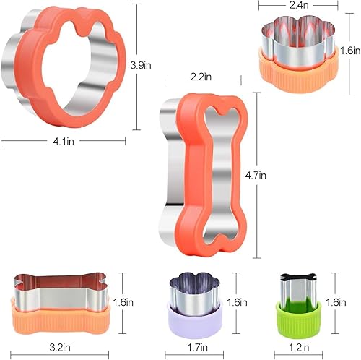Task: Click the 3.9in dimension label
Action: [141, 65]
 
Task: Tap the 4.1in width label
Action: [64, 142]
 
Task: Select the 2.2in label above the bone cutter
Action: [201, 77]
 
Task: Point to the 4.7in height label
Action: [256, 176]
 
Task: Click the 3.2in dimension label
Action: [60, 348]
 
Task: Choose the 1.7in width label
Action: [197, 348]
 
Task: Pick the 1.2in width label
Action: [299, 348]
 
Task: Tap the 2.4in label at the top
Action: [299, 5]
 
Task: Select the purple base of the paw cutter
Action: [194, 323]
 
